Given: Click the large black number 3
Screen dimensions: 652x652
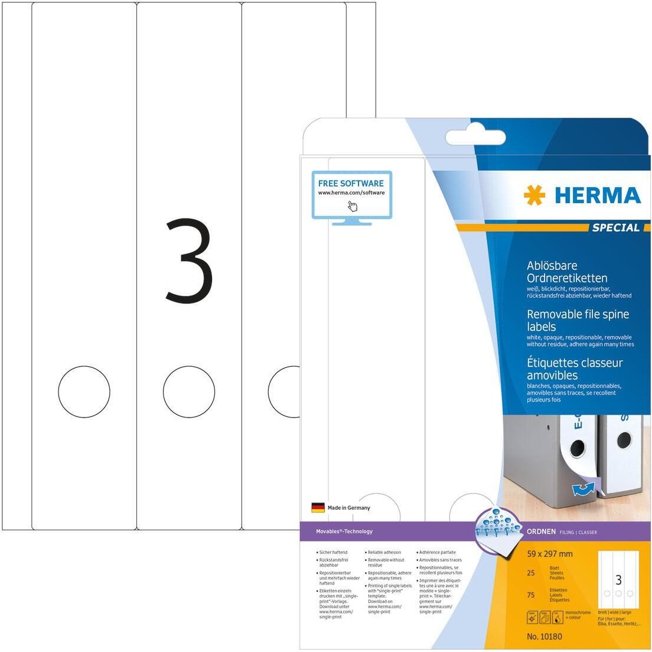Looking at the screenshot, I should point(189,260).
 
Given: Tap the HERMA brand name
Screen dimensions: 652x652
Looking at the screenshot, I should point(597,195).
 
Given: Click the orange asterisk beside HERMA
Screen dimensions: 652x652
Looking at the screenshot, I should point(534,195).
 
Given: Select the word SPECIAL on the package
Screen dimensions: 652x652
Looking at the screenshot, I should point(616,227).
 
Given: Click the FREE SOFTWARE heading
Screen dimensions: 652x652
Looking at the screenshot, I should point(351,183).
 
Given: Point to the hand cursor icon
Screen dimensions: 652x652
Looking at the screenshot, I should point(353,206).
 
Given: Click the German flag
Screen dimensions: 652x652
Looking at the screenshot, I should point(318,507).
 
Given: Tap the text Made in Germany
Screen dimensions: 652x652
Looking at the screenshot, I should point(348,507).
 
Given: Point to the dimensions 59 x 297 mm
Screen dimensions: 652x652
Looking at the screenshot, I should point(549,554).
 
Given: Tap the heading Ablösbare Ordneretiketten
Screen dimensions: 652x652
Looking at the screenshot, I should point(566,272).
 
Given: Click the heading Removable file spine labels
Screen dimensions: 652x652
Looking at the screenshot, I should point(577,320).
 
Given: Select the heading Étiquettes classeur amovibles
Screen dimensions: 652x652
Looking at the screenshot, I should point(574,369).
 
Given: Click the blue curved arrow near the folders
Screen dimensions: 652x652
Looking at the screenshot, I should point(583,488).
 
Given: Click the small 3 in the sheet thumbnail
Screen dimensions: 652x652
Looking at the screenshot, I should point(618,579).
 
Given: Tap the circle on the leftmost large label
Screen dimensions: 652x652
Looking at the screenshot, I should point(84,391).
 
